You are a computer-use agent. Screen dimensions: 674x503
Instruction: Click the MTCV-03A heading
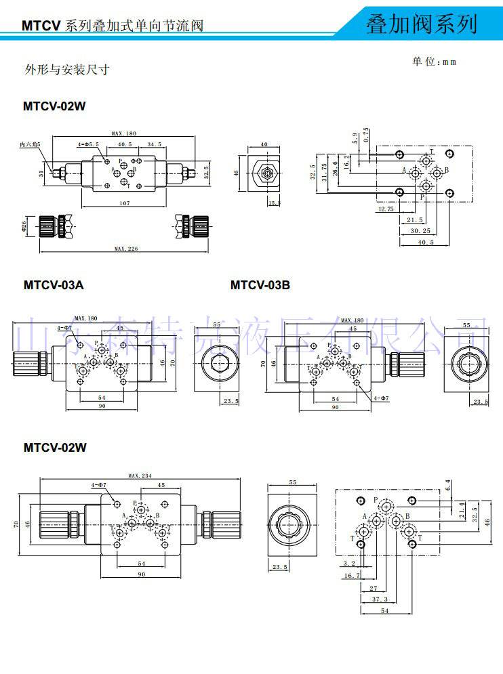pyautogui.click(x=54, y=285)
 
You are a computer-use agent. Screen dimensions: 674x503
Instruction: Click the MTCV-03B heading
pyautogui.click(x=260, y=285)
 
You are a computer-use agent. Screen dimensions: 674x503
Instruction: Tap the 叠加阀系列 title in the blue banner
pyautogui.click(x=421, y=24)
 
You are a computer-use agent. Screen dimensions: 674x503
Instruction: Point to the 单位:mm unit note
pyautogui.click(x=434, y=62)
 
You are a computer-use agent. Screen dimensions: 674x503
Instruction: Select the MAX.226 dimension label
pyautogui.click(x=126, y=249)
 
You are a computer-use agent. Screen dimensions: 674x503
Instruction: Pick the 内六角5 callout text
pyautogui.click(x=31, y=144)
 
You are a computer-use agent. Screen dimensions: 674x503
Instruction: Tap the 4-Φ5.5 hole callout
pyautogui.click(x=88, y=144)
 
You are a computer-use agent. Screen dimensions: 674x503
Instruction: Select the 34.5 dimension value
pyautogui.click(x=155, y=144)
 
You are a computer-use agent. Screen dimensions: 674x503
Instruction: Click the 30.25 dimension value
pyautogui.click(x=421, y=230)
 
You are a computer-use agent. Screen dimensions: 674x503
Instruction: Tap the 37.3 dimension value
pyautogui.click(x=380, y=599)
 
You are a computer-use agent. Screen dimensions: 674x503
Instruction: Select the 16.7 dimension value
pyautogui.click(x=351, y=575)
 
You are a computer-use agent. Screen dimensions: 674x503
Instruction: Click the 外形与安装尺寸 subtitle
pyautogui.click(x=67, y=69)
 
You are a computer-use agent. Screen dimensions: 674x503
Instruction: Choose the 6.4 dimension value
pyautogui.click(x=448, y=485)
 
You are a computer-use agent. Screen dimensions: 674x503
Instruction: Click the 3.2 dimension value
pyautogui.click(x=349, y=563)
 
